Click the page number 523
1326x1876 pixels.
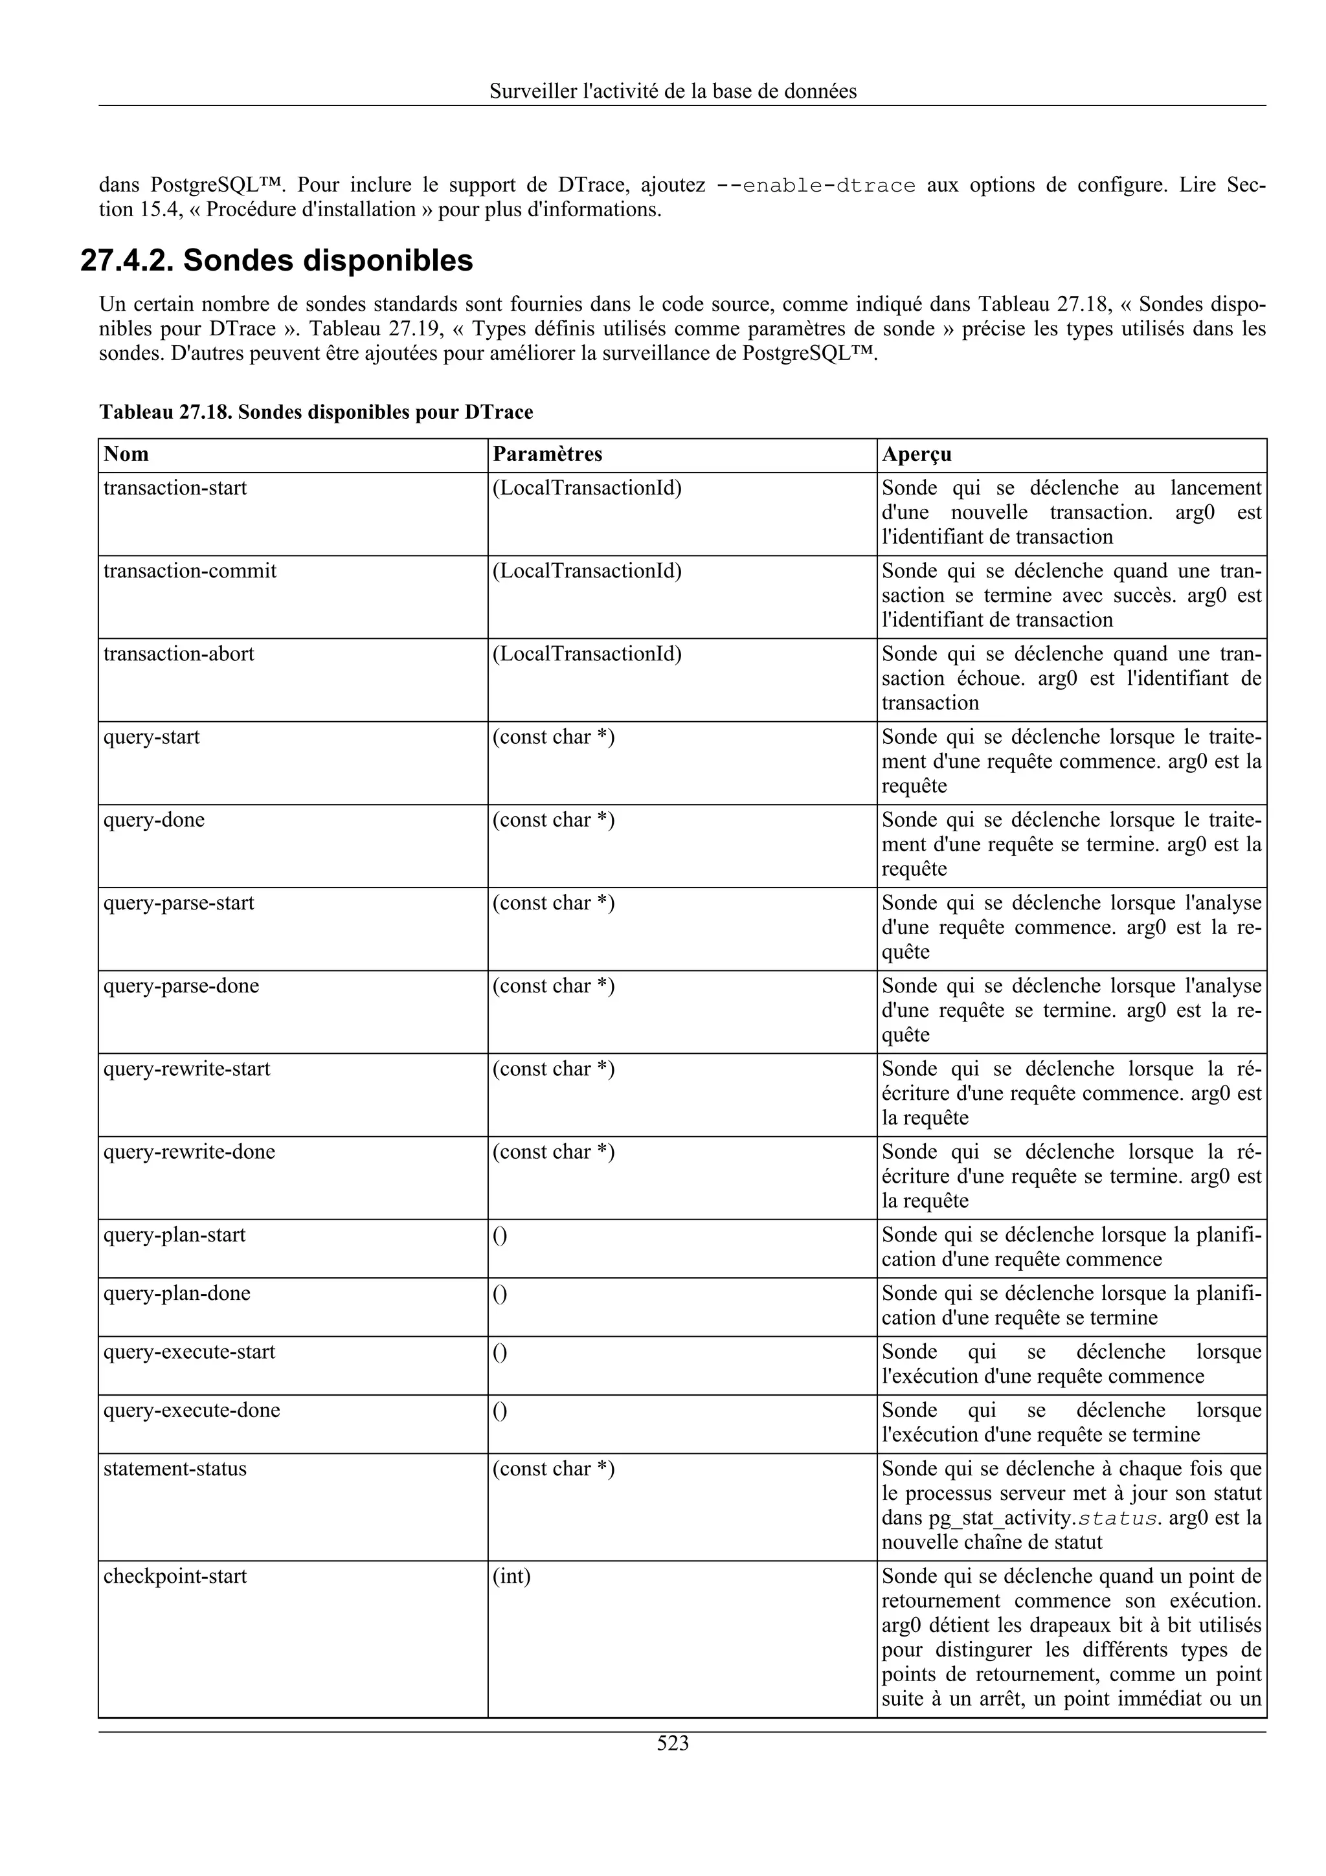point(673,1743)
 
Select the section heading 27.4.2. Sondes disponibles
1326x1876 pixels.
point(277,261)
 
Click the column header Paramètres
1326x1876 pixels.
point(546,454)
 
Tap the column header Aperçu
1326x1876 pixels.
point(916,454)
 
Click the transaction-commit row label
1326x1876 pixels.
point(190,570)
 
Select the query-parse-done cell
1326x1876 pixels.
point(181,985)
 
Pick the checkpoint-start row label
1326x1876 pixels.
point(175,1576)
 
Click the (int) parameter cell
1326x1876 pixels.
point(511,1576)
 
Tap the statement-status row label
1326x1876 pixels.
point(175,1468)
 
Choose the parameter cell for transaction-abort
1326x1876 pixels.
point(586,654)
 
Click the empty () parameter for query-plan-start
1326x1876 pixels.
point(499,1234)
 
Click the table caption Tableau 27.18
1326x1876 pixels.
point(315,412)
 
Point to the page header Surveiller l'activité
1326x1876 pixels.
point(673,91)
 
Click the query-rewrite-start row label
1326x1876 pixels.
point(186,1069)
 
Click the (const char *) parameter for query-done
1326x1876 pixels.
point(553,820)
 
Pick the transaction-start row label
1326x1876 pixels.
point(175,488)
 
